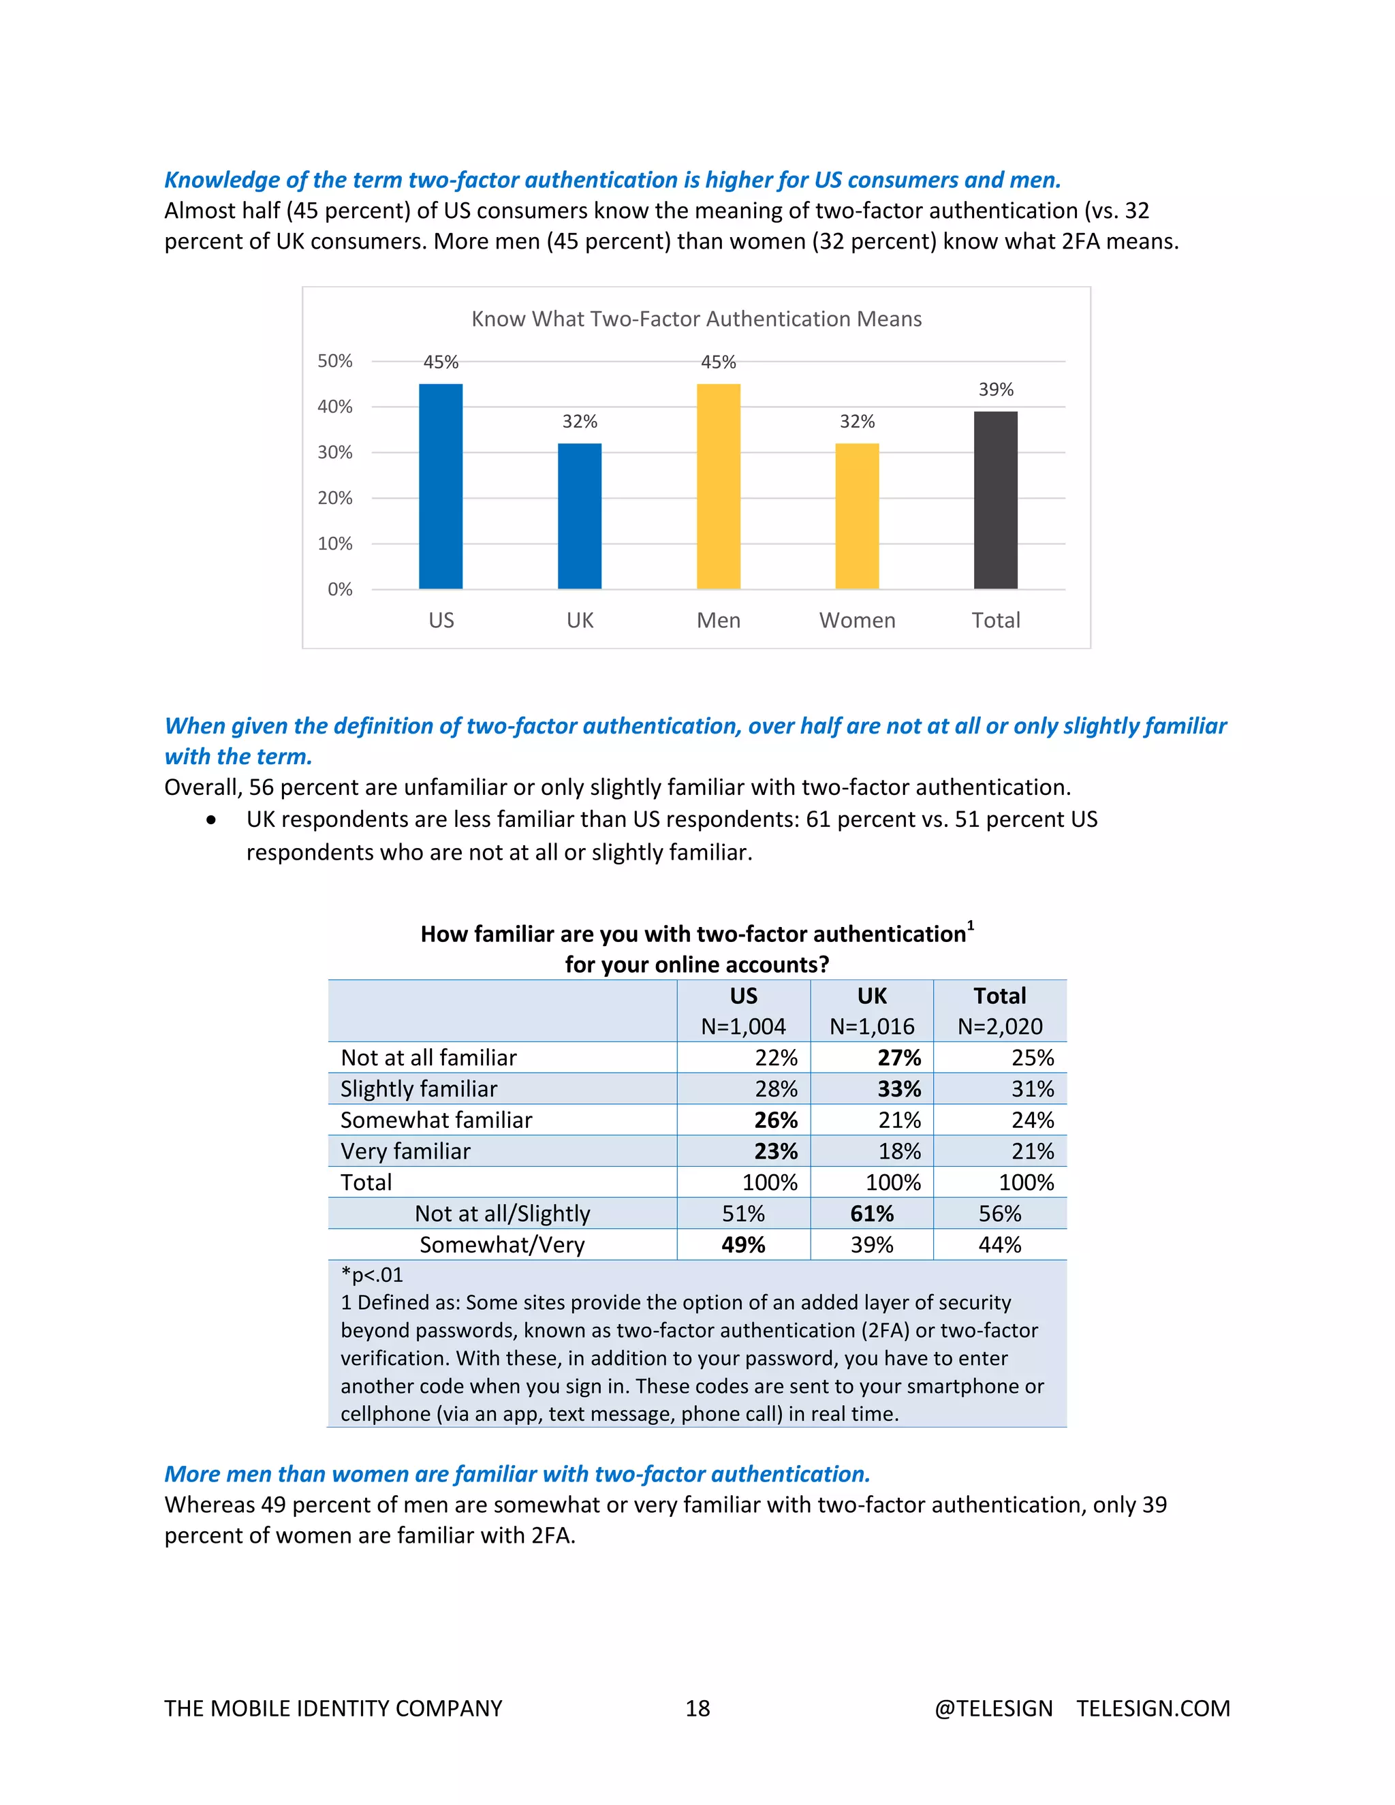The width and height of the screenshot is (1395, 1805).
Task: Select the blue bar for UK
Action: pyautogui.click(x=580, y=516)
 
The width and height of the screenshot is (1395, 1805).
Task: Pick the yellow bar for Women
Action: pyautogui.click(x=857, y=516)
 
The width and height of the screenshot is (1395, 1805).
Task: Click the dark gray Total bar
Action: pyautogui.click(x=995, y=500)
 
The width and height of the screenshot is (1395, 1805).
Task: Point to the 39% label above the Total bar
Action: pyautogui.click(x=996, y=389)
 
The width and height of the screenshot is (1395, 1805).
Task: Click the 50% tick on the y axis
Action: pyautogui.click(x=334, y=361)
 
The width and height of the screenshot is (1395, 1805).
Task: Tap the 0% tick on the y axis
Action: pyautogui.click(x=340, y=589)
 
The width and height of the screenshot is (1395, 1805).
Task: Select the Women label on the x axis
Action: pyautogui.click(x=857, y=621)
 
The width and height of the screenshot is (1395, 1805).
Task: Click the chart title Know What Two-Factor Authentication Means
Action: pyautogui.click(x=696, y=319)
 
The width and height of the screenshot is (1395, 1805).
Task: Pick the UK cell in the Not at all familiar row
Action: pyautogui.click(x=899, y=1058)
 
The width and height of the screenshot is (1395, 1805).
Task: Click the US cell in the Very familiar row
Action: pyautogui.click(x=776, y=1151)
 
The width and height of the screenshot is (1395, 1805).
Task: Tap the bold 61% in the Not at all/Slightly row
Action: pyautogui.click(x=872, y=1214)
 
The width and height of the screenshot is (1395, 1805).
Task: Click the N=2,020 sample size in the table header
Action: pyautogui.click(x=1000, y=1026)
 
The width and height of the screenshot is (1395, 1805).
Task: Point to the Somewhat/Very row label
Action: pyautogui.click(x=501, y=1244)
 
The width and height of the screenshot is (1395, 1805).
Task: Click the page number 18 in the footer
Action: pyautogui.click(x=697, y=1708)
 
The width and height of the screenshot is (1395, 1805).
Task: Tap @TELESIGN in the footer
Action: pyautogui.click(x=993, y=1708)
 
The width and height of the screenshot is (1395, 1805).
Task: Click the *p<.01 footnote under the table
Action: pyautogui.click(x=372, y=1275)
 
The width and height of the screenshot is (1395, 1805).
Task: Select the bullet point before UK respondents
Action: pyautogui.click(x=213, y=820)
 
